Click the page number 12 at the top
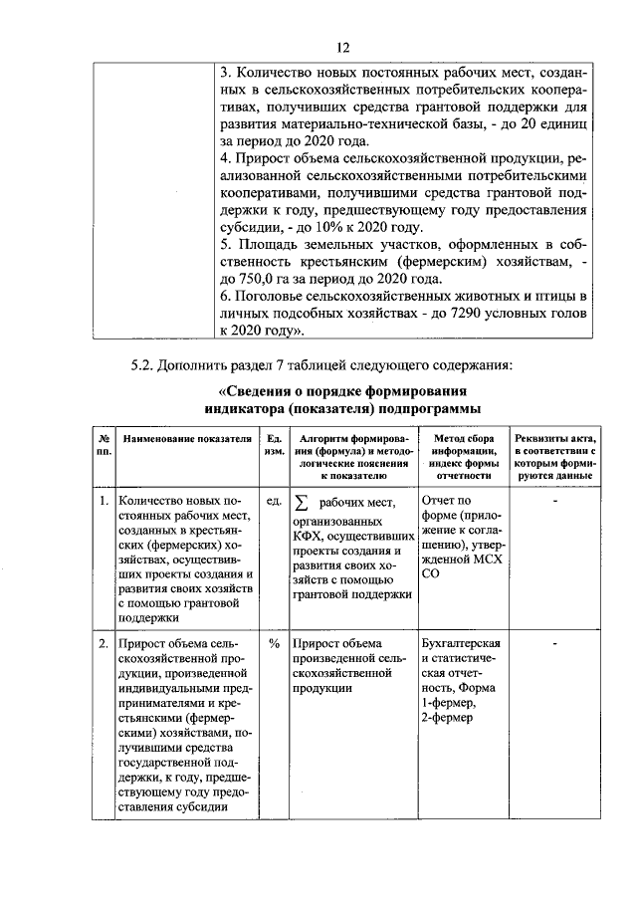342,47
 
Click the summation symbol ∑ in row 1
302,502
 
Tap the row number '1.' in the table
104,501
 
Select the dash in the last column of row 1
556,501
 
